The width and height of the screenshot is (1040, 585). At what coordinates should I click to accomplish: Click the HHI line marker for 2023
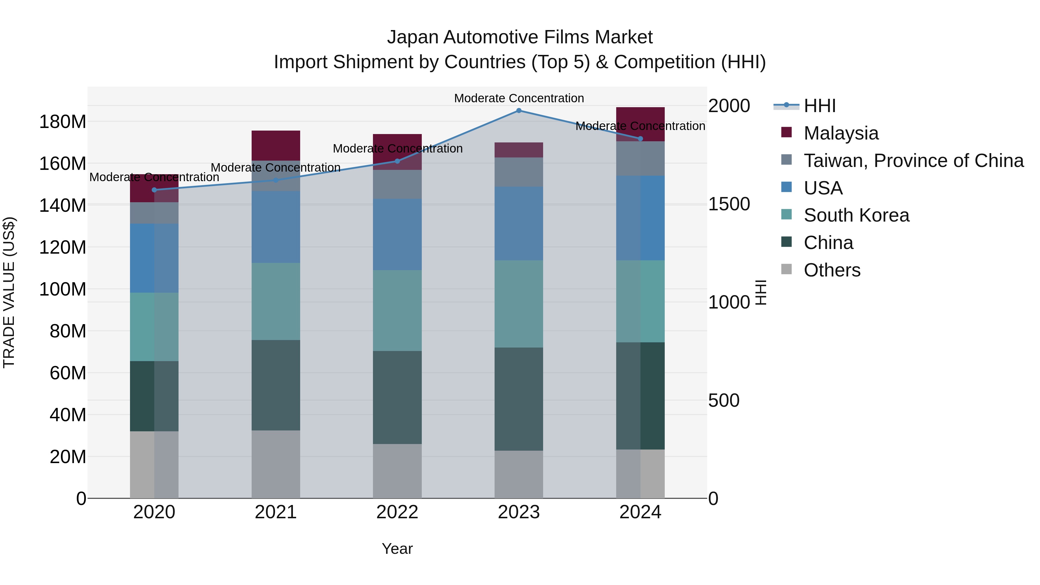point(519,111)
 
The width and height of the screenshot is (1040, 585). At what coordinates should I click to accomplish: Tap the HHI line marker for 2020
point(154,190)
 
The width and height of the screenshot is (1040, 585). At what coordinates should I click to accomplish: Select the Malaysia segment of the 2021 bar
point(276,145)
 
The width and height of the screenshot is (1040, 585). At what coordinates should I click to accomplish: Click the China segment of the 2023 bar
point(519,399)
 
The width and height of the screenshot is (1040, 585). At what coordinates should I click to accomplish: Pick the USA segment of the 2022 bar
point(397,234)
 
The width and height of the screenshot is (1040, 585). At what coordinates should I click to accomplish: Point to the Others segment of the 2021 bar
point(276,464)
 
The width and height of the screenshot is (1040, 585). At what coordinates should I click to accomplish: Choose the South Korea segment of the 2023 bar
point(519,304)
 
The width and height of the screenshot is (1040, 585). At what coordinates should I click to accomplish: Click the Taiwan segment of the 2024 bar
point(640,158)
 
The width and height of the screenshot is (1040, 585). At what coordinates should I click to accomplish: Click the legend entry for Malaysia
point(841,133)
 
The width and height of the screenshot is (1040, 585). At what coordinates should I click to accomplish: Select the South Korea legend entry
point(856,215)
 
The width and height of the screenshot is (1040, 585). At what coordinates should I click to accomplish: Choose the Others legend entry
point(832,270)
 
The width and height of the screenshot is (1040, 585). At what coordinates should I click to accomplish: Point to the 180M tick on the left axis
point(63,122)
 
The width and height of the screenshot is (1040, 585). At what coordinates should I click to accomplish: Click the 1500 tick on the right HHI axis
point(729,204)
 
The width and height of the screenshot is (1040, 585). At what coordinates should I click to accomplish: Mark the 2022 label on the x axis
point(397,512)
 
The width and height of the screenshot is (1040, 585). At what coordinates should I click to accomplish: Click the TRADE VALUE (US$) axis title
point(9,292)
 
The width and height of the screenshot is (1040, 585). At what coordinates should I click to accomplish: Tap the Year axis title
point(397,549)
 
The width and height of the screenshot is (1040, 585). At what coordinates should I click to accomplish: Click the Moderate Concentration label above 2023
point(519,98)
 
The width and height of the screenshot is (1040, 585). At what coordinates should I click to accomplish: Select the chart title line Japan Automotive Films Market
point(520,37)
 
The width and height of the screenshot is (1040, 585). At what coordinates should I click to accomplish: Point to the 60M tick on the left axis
point(68,373)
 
